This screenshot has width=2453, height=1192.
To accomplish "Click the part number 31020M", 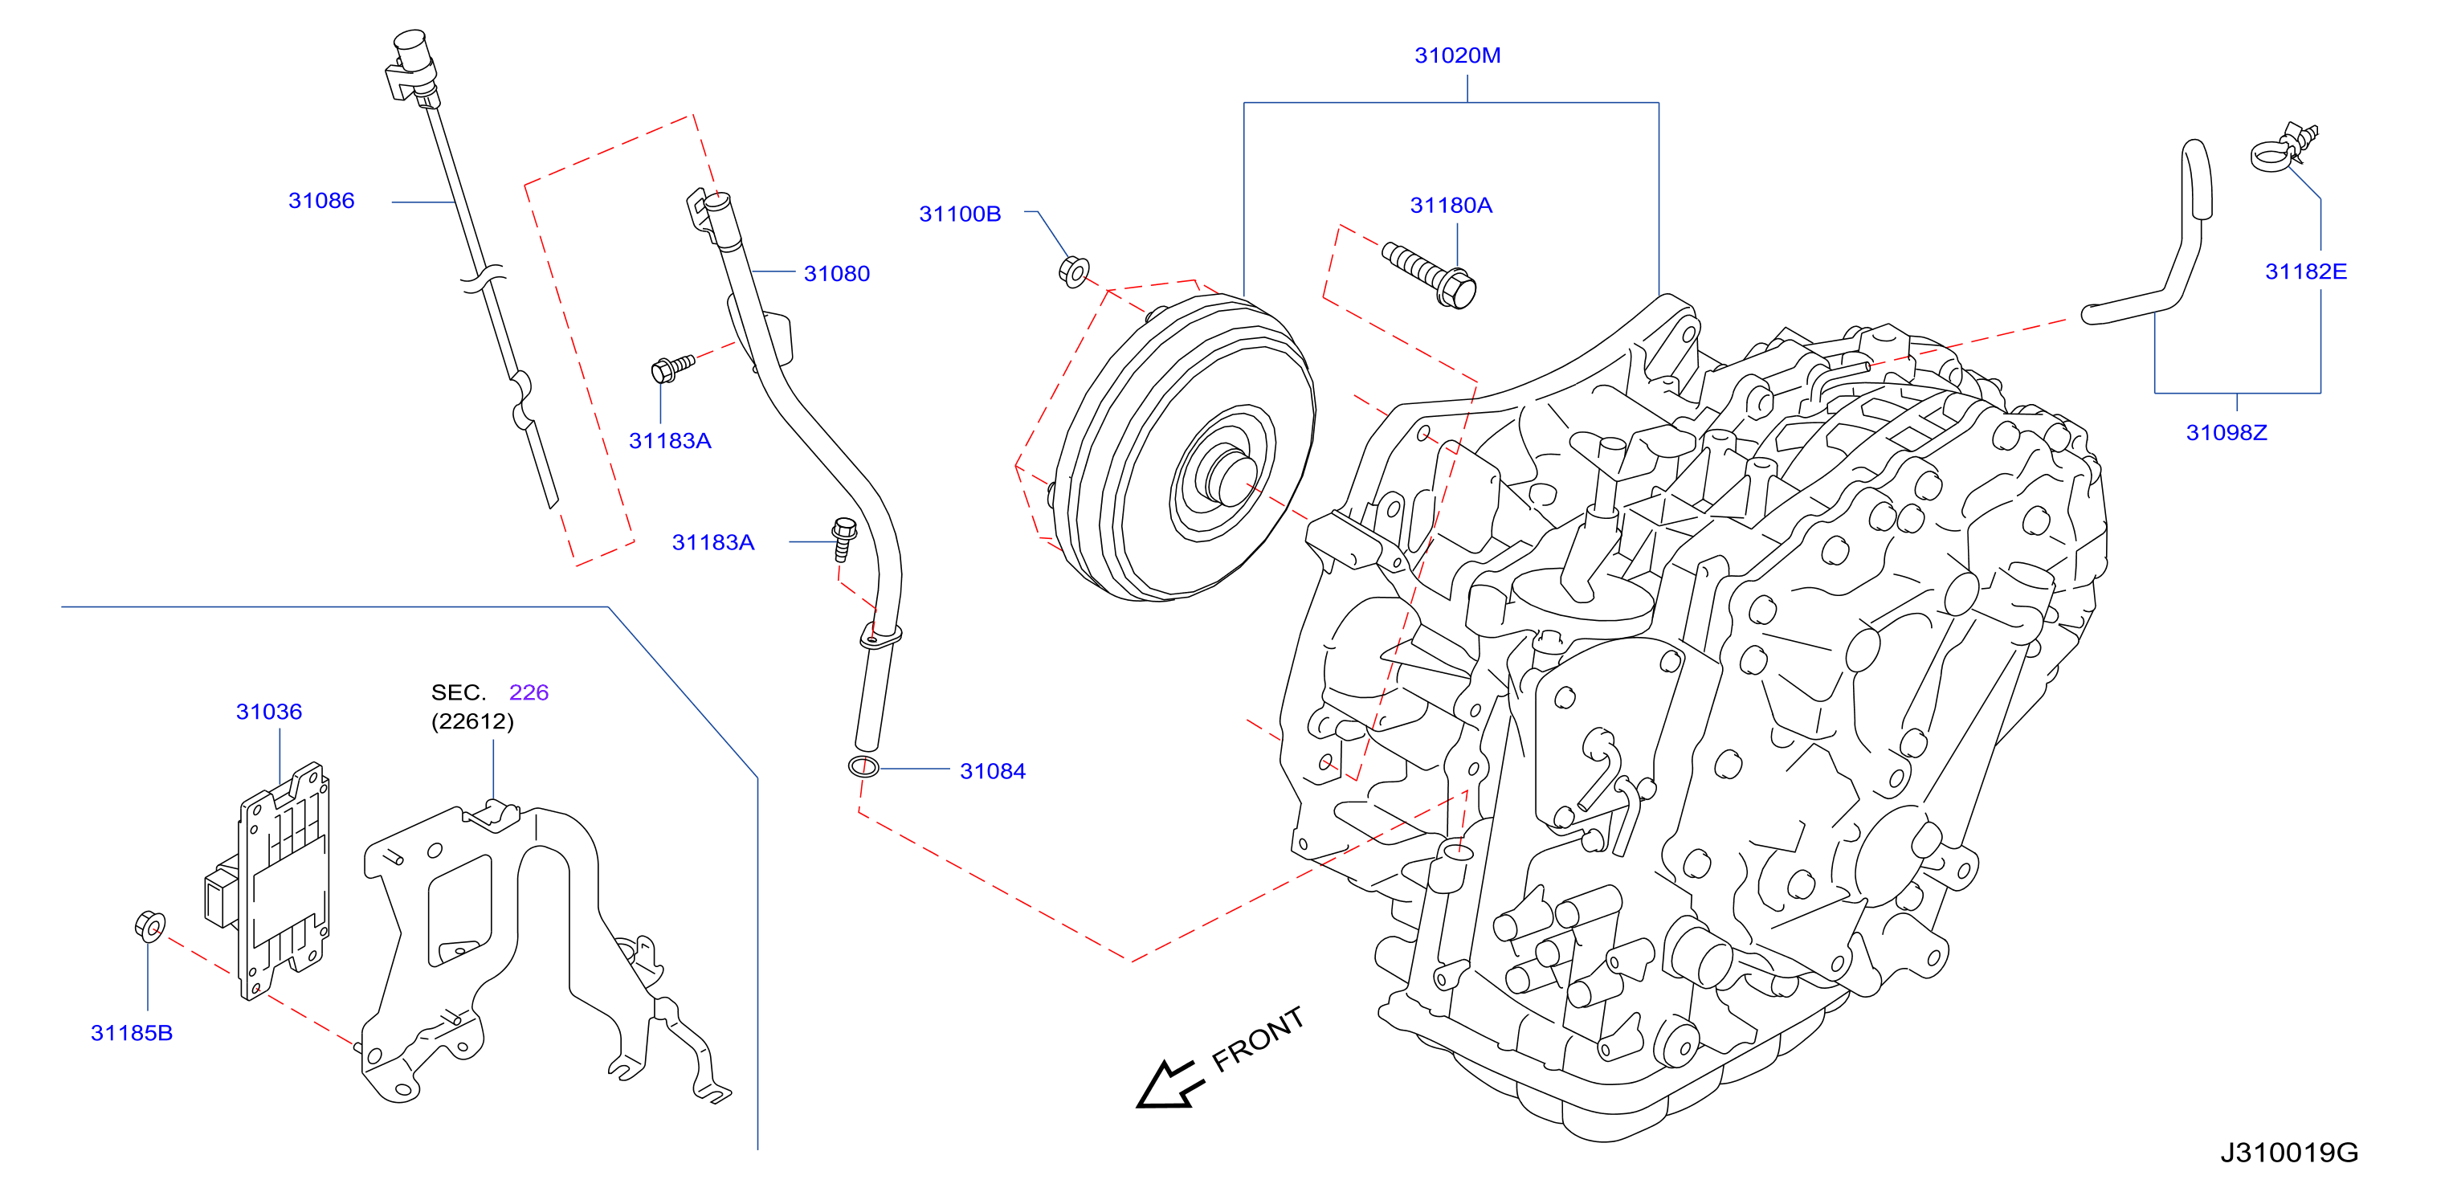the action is click(1457, 55).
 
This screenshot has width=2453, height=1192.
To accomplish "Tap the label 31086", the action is click(321, 201).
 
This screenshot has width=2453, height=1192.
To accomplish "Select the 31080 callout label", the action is click(837, 273).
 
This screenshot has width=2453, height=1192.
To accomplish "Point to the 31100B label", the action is click(960, 214).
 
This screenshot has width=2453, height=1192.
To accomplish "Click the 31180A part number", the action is click(1451, 205).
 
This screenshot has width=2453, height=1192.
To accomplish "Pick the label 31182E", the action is click(2305, 271).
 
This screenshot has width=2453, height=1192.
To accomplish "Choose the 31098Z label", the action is click(2226, 432).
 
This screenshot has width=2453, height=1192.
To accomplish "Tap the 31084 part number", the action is click(992, 771).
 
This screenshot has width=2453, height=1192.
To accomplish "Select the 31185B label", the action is click(132, 1033).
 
